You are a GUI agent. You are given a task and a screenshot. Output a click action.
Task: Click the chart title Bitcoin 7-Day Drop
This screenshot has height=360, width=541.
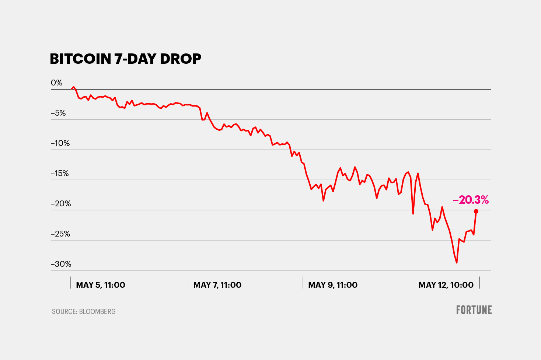125,59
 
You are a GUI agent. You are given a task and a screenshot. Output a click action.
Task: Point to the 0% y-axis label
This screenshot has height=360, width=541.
57,83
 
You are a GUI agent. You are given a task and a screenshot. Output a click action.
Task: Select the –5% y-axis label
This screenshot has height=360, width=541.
58,113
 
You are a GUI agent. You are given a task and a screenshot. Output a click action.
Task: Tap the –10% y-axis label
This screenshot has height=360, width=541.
60,143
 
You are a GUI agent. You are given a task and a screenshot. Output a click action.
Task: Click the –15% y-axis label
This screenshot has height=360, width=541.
60,174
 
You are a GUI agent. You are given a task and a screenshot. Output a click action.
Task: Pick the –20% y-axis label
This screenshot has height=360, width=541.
61,204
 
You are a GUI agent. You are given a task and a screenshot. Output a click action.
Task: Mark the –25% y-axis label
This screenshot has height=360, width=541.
60,234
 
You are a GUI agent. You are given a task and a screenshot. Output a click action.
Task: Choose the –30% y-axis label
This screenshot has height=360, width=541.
61,264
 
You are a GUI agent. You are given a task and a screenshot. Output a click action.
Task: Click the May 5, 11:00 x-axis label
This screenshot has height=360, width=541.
100,285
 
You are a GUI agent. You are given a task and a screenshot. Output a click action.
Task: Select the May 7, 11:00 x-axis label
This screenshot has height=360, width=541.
217,285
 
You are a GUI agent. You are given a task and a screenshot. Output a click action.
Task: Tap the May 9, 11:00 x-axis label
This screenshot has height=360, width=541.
333,285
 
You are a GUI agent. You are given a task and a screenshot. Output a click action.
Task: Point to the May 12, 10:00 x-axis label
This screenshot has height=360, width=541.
446,285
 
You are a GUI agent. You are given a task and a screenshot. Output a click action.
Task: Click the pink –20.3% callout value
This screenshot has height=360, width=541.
471,200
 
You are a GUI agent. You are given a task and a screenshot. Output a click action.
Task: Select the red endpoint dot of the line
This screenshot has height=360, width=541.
476,211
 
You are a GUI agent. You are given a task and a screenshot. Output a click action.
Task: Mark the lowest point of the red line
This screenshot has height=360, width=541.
457,263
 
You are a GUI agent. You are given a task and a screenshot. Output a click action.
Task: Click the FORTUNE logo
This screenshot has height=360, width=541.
474,310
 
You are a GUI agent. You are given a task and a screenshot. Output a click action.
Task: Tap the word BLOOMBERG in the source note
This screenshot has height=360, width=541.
97,312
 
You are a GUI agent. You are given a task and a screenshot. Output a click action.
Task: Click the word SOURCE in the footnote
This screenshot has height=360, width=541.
64,312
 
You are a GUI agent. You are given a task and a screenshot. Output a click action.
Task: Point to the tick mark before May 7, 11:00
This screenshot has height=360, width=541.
188,283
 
